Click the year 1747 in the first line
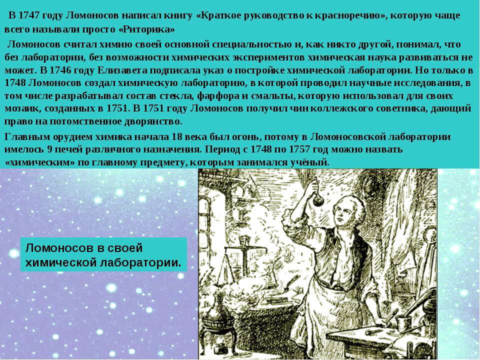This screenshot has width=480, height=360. coord(29,15)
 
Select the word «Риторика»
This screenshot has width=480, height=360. coord(146,29)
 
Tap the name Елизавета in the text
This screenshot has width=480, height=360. coord(122,70)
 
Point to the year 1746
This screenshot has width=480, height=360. coord(59,70)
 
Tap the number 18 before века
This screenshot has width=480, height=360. coord(177,136)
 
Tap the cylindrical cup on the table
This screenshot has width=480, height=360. coord(403,324)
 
